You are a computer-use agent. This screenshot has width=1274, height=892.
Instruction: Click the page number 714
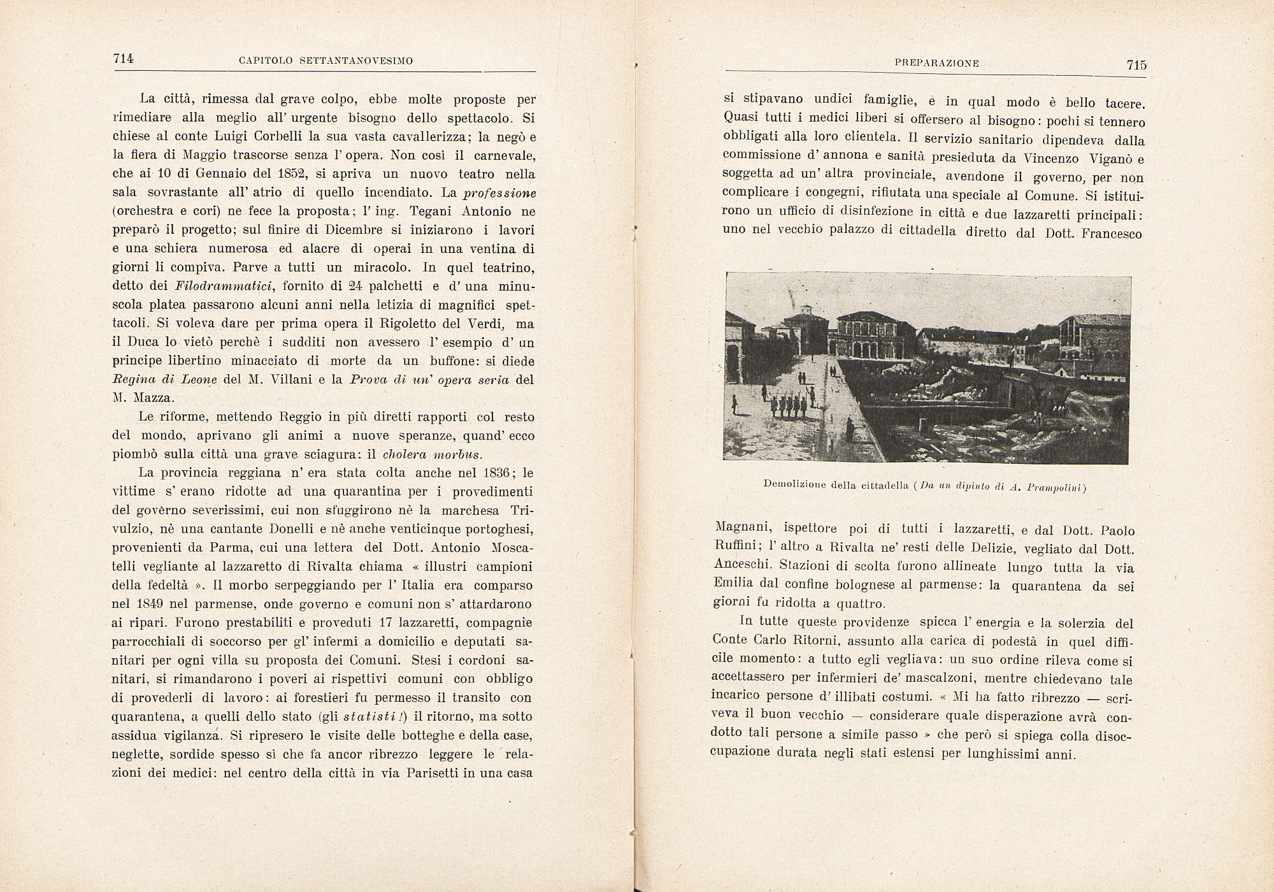pyautogui.click(x=123, y=59)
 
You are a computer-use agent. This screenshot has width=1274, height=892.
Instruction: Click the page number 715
pyautogui.click(x=1136, y=64)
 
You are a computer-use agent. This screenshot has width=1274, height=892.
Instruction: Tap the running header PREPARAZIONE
pyautogui.click(x=936, y=63)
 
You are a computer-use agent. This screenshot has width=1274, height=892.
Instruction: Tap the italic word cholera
pyautogui.click(x=404, y=455)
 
